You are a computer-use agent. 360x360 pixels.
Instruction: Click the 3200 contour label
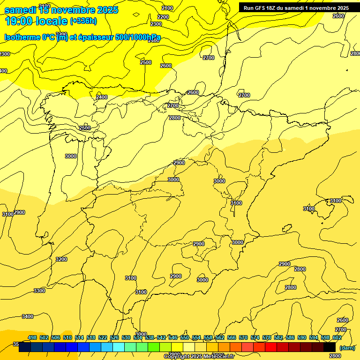61,259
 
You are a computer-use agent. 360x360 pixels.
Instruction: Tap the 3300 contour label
39,291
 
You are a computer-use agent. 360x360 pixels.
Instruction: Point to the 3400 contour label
28,316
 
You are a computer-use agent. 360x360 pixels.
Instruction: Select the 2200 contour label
163,17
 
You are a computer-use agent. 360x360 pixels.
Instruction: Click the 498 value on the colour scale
32,338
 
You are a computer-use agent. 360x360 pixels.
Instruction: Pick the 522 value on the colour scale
103,338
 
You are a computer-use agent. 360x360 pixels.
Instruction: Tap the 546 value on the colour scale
173,338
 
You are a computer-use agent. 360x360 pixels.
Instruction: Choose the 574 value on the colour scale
255,338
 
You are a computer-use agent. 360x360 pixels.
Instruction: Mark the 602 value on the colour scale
337,338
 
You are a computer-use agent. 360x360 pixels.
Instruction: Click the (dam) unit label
347,348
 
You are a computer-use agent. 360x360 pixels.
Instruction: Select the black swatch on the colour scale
330,347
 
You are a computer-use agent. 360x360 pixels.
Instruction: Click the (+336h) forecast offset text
83,21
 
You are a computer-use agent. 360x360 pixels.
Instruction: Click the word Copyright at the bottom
177,357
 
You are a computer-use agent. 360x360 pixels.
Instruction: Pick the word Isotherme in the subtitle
20,37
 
